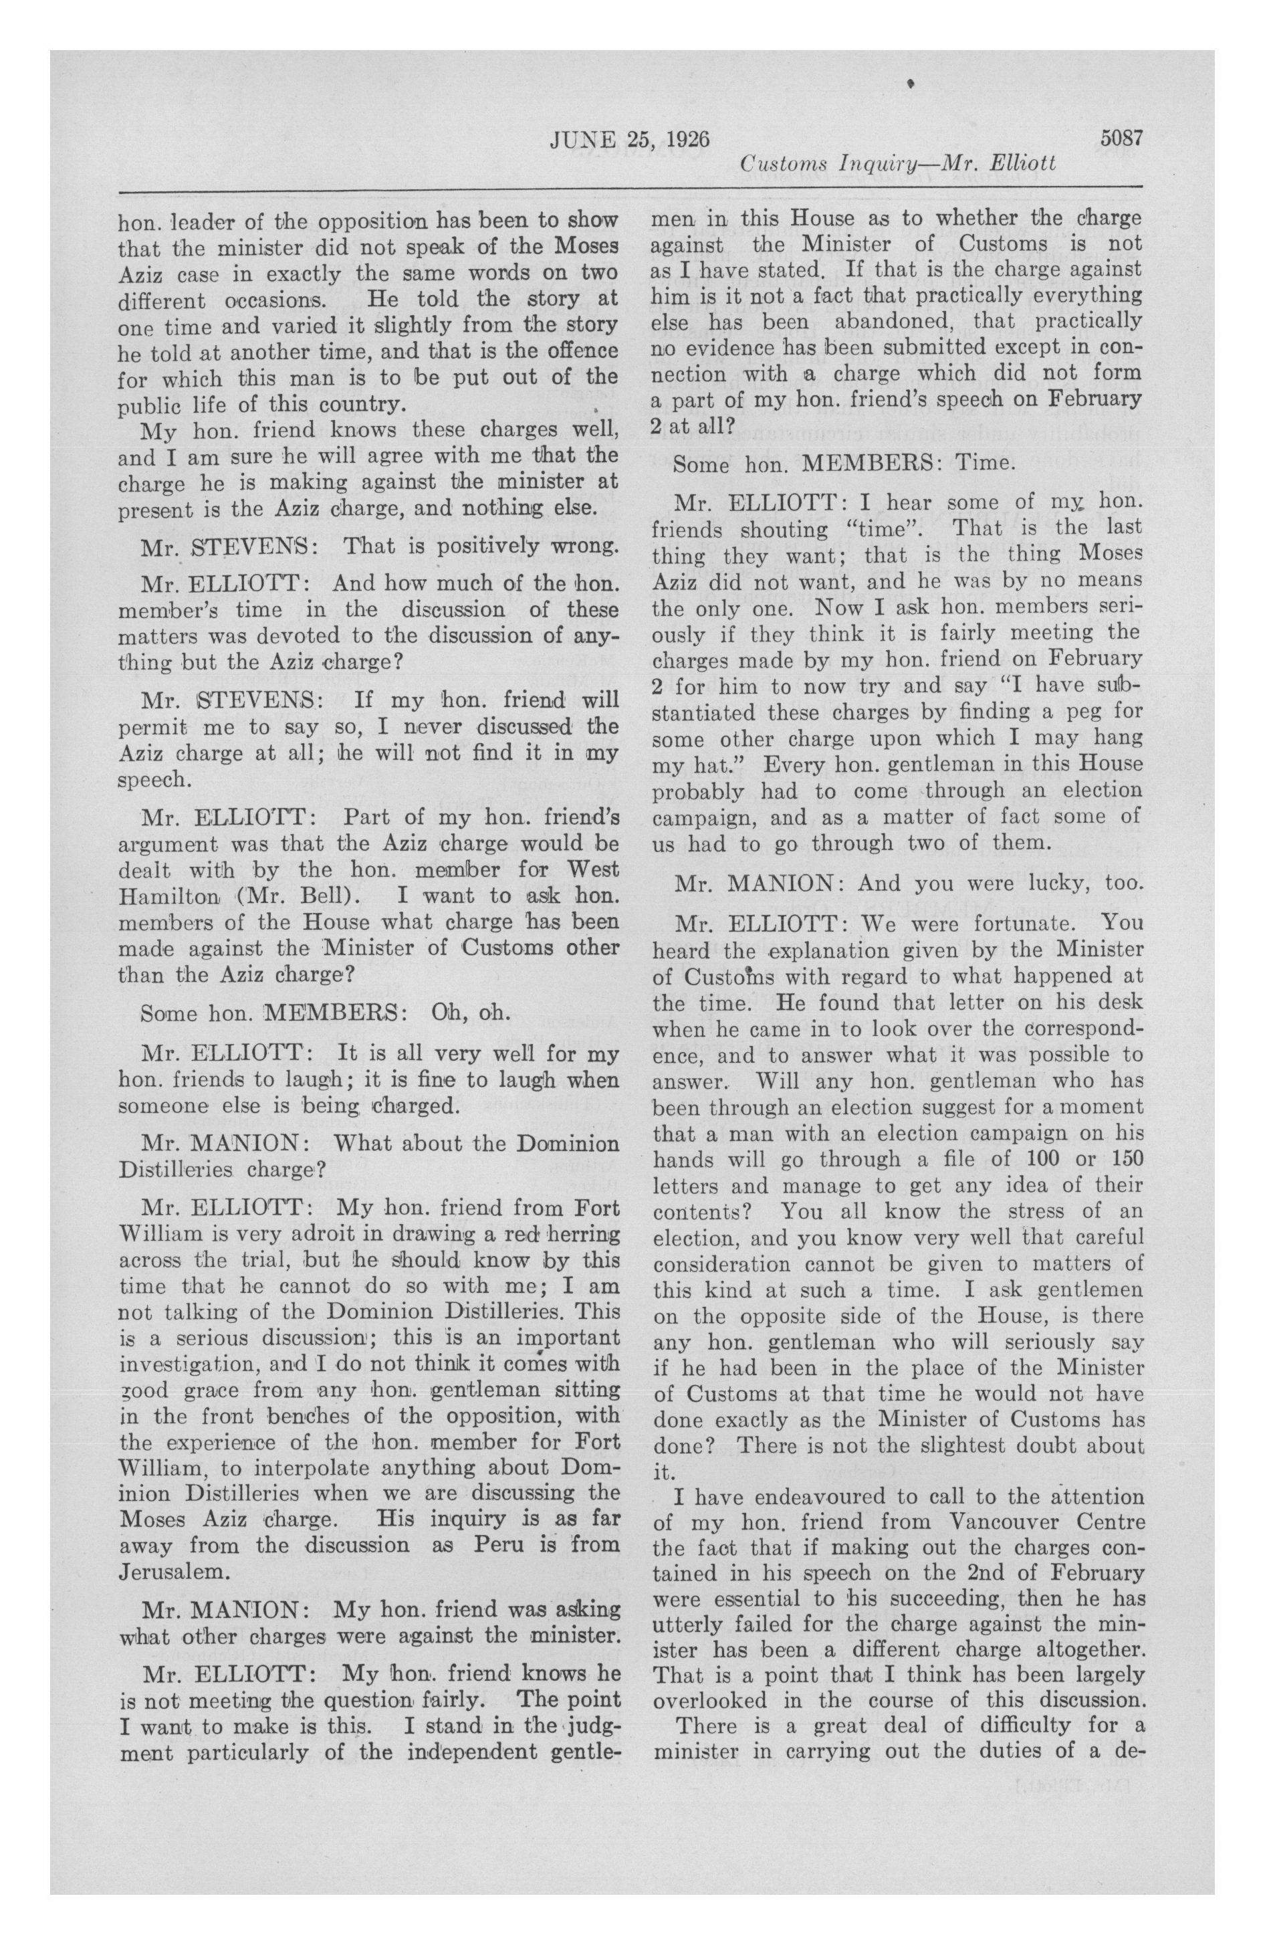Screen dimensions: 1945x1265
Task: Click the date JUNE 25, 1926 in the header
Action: pyautogui.click(x=630, y=139)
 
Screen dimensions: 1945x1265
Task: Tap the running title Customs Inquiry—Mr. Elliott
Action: pyautogui.click(x=897, y=165)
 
